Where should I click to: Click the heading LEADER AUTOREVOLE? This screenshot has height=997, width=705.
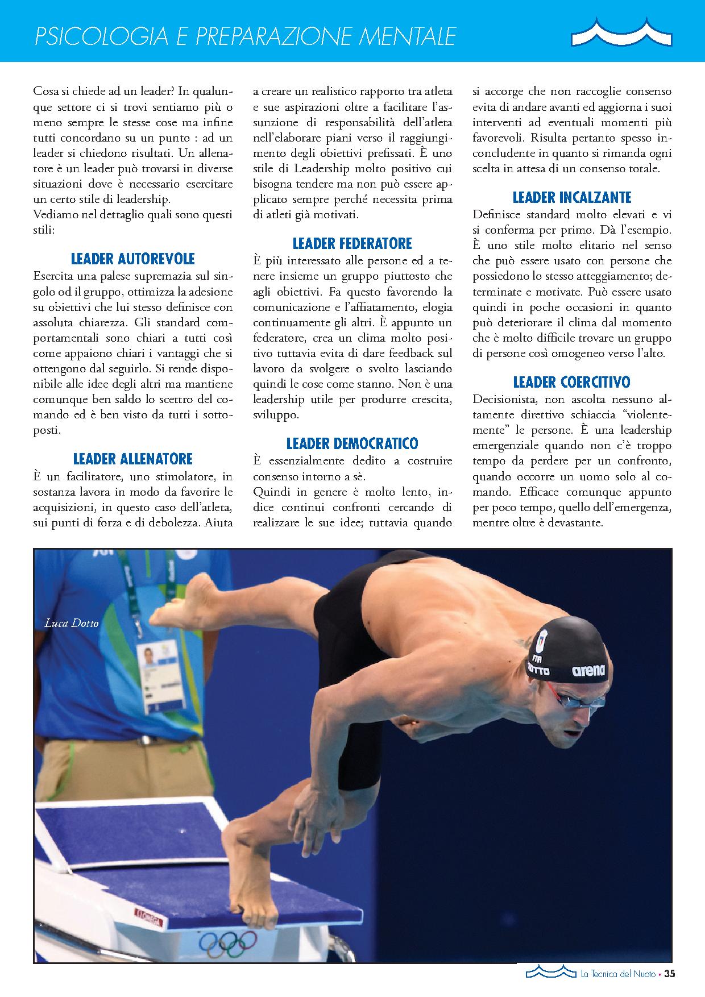[x=133, y=259]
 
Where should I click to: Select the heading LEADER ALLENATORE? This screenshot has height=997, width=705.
[x=133, y=459]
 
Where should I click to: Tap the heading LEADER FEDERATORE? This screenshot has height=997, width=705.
[x=352, y=244]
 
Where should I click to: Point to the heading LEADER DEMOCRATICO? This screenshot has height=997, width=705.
[x=352, y=443]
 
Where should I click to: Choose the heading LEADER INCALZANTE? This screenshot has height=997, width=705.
[x=572, y=197]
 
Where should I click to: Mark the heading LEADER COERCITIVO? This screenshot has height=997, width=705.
[x=572, y=381]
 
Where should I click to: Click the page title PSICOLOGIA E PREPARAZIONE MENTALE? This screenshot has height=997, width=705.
[x=246, y=37]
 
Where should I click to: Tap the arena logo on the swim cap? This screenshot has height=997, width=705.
[x=588, y=671]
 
